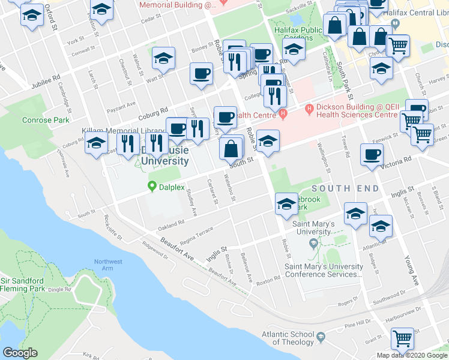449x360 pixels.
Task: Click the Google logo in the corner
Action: (x=20, y=353)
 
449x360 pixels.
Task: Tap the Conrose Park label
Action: (x=45, y=120)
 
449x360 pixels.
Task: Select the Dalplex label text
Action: (x=171, y=187)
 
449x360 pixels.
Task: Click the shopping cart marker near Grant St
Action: (x=402, y=338)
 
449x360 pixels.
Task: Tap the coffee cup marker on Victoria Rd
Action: (x=372, y=154)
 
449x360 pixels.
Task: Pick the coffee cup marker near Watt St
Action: (x=201, y=73)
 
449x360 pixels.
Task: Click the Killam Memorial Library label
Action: (x=123, y=131)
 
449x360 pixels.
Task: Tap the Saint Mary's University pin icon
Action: (x=312, y=243)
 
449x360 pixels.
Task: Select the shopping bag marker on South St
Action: (x=231, y=148)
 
